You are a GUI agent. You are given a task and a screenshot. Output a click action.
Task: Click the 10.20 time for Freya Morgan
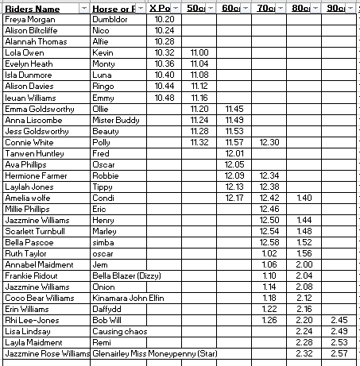(165, 18)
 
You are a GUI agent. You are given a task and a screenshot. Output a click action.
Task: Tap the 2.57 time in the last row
(339, 353)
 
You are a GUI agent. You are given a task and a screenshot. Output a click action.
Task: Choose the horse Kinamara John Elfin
(130, 297)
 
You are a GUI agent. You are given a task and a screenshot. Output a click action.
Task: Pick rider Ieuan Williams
(32, 97)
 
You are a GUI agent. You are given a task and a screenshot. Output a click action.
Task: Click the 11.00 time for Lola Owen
(199, 52)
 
